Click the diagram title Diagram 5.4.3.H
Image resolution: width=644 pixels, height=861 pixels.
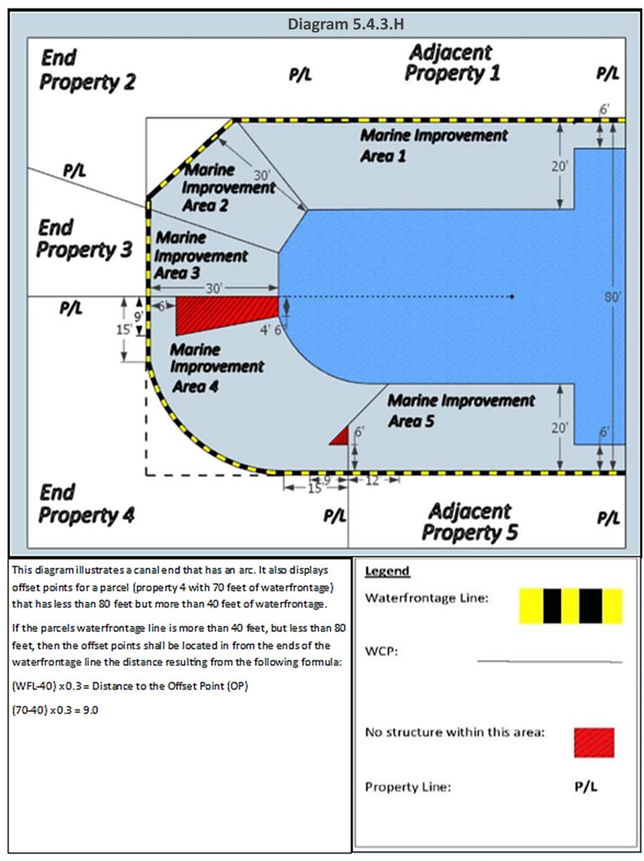pos(346,25)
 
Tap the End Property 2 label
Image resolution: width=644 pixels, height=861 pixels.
pos(87,70)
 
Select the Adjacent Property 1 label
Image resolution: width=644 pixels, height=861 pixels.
pos(452,63)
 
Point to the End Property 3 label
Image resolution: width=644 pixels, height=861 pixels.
pos(83,238)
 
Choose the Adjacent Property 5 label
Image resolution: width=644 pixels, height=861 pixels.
pos(469,522)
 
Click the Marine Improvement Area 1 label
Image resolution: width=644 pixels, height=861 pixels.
pos(433,145)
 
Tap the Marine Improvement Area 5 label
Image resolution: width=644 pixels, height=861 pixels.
pos(460,410)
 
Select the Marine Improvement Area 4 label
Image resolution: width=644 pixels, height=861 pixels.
pos(217,367)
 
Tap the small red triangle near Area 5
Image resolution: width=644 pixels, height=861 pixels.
pos(341,436)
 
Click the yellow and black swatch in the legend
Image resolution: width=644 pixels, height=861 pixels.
pos(570,606)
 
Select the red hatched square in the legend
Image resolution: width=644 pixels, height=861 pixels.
pos(593,742)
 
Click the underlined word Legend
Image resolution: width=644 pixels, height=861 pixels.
pos(387,571)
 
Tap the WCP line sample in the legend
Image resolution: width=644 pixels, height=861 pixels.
pos(549,660)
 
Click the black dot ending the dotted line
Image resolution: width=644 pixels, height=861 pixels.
pos(513,297)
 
